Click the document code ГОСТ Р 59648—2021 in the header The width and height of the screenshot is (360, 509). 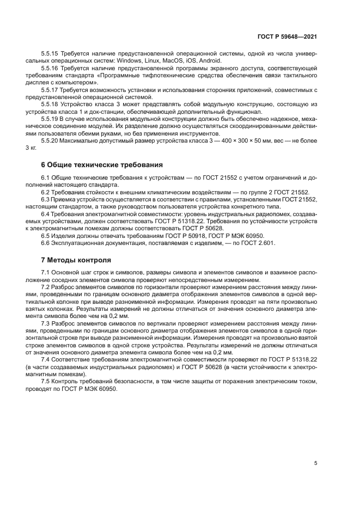pos(287,36)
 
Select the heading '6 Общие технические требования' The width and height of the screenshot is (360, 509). pos(101,164)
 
